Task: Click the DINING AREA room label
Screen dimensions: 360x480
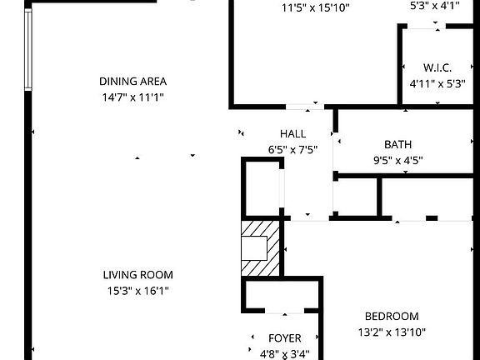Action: pos(133,82)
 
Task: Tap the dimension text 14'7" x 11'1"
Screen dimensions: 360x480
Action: pos(133,97)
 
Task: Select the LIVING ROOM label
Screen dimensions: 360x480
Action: pos(138,275)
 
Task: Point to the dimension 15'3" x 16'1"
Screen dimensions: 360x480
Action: pos(138,291)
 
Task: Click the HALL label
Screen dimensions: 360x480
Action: pos(292,134)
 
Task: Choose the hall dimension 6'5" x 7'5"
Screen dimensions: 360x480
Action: pos(292,150)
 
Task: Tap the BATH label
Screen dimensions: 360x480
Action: pos(397,144)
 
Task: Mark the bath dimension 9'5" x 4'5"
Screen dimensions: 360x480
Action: pos(397,160)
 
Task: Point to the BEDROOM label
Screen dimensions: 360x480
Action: pos(391,316)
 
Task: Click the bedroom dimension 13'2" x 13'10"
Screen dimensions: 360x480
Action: pos(391,332)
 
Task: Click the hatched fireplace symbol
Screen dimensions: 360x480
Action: pos(260,247)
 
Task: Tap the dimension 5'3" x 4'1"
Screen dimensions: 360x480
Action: pos(435,5)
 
